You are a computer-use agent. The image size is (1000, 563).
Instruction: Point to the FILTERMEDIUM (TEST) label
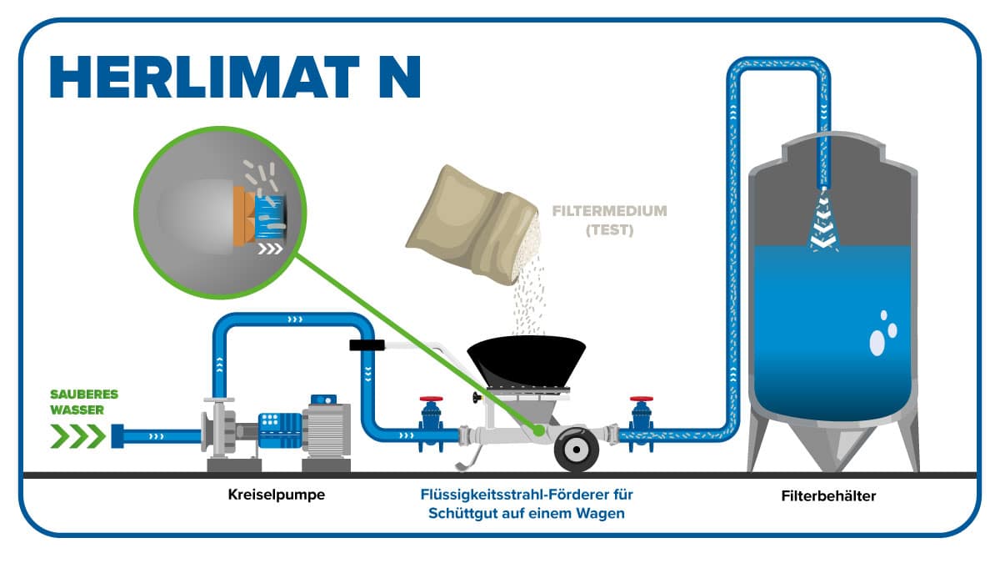[609, 220]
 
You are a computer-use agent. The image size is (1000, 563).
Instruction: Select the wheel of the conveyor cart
[576, 450]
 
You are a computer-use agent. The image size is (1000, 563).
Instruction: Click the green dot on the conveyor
[540, 430]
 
